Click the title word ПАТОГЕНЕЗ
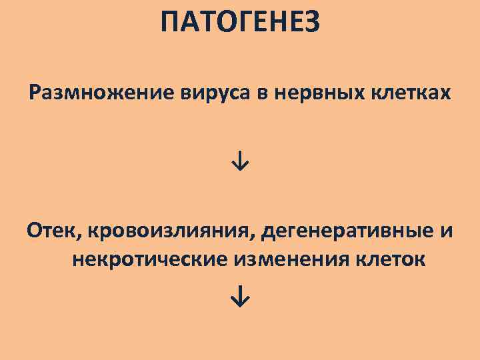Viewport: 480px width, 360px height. tap(240, 24)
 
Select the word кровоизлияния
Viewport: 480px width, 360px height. tap(171, 231)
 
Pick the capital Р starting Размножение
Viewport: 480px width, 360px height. tap(35, 94)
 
